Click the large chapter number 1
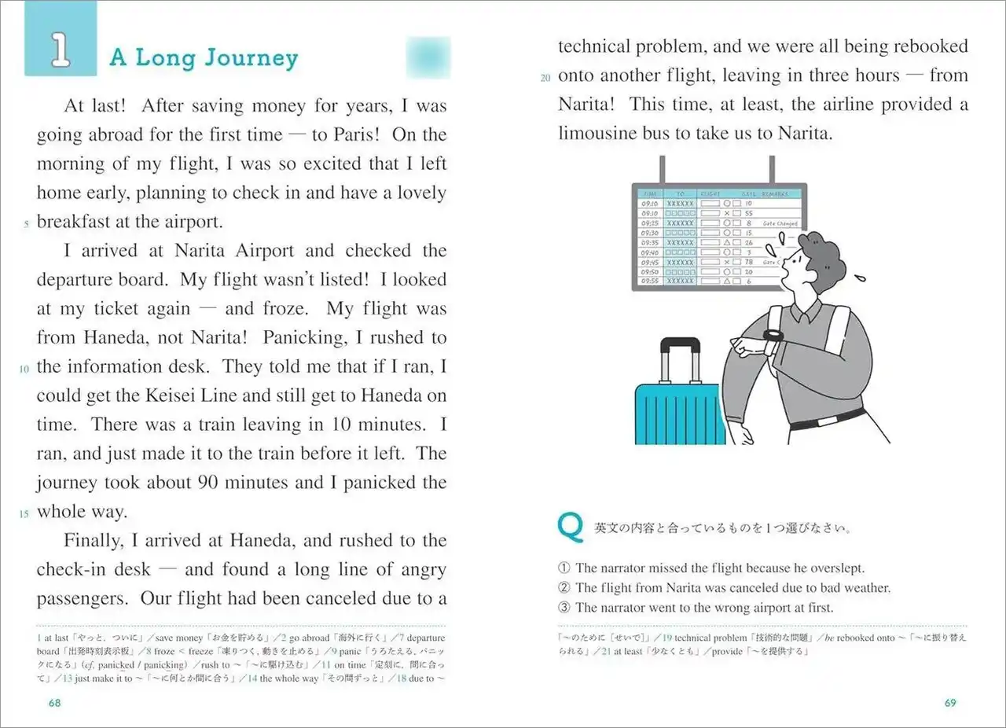pyautogui.click(x=60, y=49)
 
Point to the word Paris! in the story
pyautogui.click(x=357, y=134)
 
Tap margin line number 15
pyautogui.click(x=24, y=514)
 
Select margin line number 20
pyautogui.click(x=546, y=78)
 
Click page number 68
pyautogui.click(x=54, y=703)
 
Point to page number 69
pyautogui.click(x=950, y=703)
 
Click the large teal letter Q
pyautogui.click(x=569, y=526)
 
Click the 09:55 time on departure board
pyautogui.click(x=650, y=281)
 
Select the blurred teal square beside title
pyautogui.click(x=428, y=57)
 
